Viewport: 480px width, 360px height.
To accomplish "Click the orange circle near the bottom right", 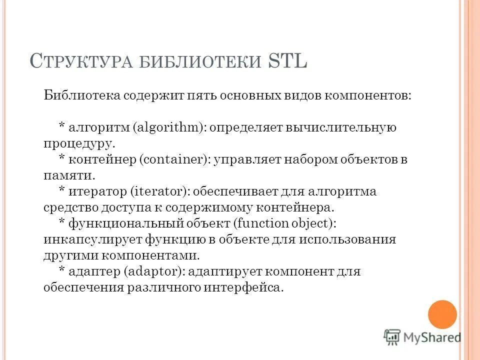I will (x=442, y=314).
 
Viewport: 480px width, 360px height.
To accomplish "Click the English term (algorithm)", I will (x=169, y=127).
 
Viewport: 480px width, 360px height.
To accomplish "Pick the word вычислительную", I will (x=341, y=127).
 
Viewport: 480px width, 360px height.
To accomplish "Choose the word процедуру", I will (x=79, y=143).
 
